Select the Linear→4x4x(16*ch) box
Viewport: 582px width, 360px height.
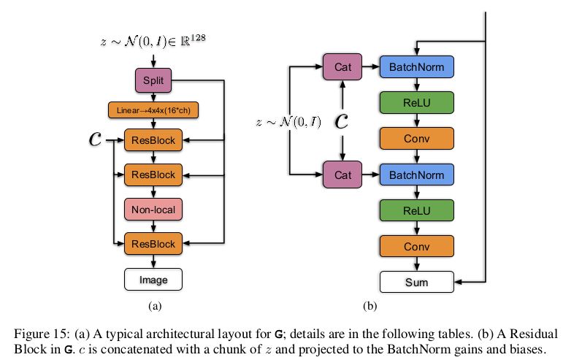[x=153, y=110]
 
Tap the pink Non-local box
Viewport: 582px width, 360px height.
[x=153, y=210]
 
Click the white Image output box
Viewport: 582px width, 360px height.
[x=153, y=278]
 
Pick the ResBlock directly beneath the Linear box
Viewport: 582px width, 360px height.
[x=153, y=141]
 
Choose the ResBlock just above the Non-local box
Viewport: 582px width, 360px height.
[x=153, y=175]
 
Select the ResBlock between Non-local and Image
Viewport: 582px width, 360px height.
[x=153, y=242]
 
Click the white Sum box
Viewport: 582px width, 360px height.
[x=417, y=282]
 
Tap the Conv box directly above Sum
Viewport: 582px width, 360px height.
[x=417, y=246]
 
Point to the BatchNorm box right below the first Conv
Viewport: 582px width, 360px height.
[x=417, y=175]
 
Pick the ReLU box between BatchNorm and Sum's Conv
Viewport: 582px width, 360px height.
[x=417, y=210]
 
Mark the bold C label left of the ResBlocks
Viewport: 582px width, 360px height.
[x=94, y=139]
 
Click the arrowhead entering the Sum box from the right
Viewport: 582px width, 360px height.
[x=458, y=282]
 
